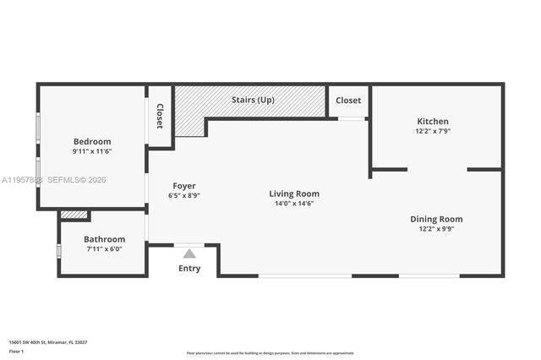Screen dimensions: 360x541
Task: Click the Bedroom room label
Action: click(92, 141)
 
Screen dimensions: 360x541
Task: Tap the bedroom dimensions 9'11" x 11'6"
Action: click(92, 151)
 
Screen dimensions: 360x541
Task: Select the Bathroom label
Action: click(104, 239)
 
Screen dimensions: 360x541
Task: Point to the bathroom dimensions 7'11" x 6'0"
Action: click(104, 249)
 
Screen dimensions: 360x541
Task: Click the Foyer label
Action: click(184, 185)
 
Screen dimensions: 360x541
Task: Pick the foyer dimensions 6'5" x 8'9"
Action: click(184, 195)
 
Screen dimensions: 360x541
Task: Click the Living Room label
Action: click(294, 194)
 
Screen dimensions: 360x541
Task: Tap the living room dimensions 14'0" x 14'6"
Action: click(294, 204)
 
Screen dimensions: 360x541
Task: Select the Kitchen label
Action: click(433, 121)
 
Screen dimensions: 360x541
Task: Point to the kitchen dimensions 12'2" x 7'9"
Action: click(433, 131)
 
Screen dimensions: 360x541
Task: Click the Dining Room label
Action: click(436, 219)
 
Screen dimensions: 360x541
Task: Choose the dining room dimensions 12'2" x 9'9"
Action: click(436, 229)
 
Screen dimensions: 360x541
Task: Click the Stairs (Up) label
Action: click(254, 100)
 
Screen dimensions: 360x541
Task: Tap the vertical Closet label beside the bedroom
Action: click(160, 117)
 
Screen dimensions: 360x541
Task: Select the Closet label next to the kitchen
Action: click(348, 100)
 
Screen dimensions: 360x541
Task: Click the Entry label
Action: click(189, 269)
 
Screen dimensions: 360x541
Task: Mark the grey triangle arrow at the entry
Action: click(189, 253)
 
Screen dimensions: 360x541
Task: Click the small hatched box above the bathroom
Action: click(74, 215)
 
